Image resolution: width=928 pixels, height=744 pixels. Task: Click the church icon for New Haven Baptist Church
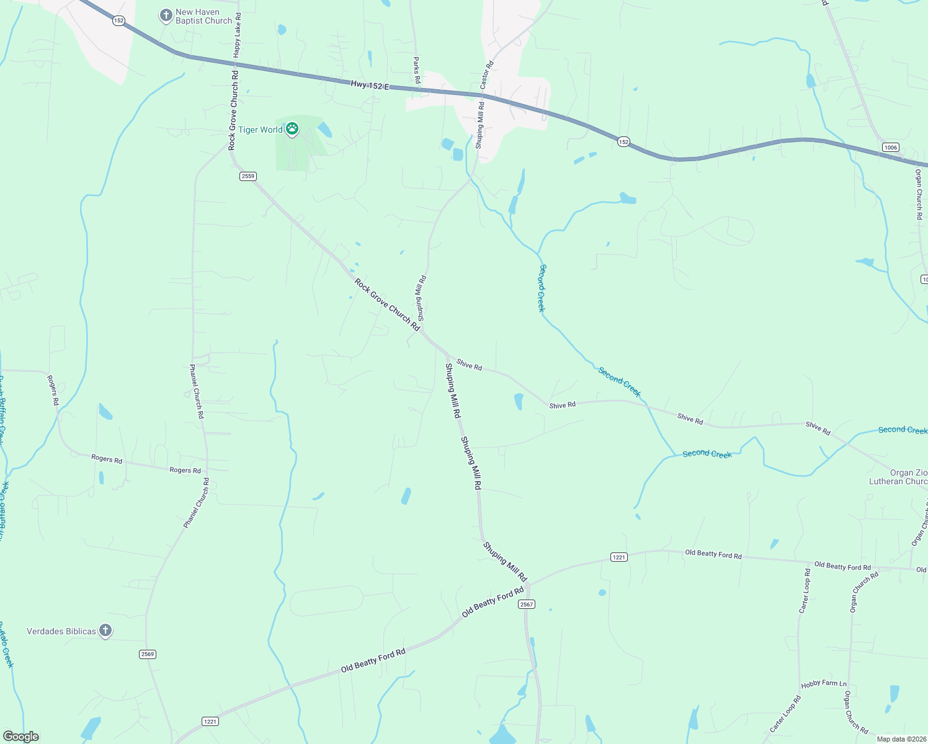click(x=166, y=15)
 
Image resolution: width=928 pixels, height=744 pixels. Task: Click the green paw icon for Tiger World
click(x=292, y=129)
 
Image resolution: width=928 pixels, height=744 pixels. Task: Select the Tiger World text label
click(x=261, y=130)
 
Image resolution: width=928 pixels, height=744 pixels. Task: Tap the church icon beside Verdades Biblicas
click(x=105, y=631)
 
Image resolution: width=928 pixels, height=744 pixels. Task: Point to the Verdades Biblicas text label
click(x=61, y=631)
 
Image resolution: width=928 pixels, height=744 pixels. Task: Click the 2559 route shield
click(x=248, y=176)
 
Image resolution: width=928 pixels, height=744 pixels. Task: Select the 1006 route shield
click(x=890, y=147)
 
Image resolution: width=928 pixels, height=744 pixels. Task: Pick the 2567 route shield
click(x=526, y=604)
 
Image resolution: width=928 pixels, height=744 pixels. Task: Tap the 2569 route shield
click(x=147, y=654)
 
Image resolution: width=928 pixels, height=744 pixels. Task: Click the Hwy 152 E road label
click(x=370, y=85)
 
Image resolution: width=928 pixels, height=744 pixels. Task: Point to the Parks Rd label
click(x=417, y=70)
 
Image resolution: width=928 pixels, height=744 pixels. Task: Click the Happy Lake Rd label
click(x=237, y=35)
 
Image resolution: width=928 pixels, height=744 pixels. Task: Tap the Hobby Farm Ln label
click(x=824, y=684)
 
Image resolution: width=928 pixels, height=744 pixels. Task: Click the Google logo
click(x=21, y=737)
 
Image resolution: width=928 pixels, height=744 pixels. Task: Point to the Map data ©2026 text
click(x=901, y=739)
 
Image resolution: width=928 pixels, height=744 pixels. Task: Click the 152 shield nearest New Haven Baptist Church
click(x=118, y=20)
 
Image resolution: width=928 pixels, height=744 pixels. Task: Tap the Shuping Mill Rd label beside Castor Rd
click(x=480, y=126)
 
